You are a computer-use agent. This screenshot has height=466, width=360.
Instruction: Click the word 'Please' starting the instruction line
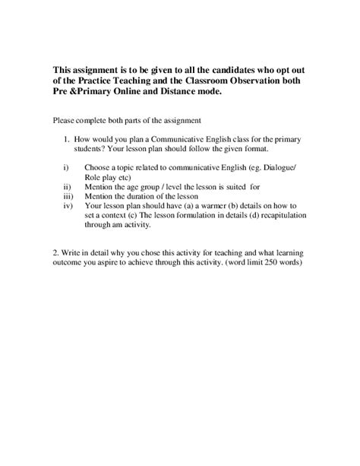[x=66, y=120]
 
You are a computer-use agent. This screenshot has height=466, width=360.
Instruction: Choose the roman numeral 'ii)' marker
[x=65, y=185]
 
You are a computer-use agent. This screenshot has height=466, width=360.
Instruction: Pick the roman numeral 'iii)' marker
[x=65, y=195]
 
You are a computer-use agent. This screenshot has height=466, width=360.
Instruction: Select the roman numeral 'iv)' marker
[x=65, y=205]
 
